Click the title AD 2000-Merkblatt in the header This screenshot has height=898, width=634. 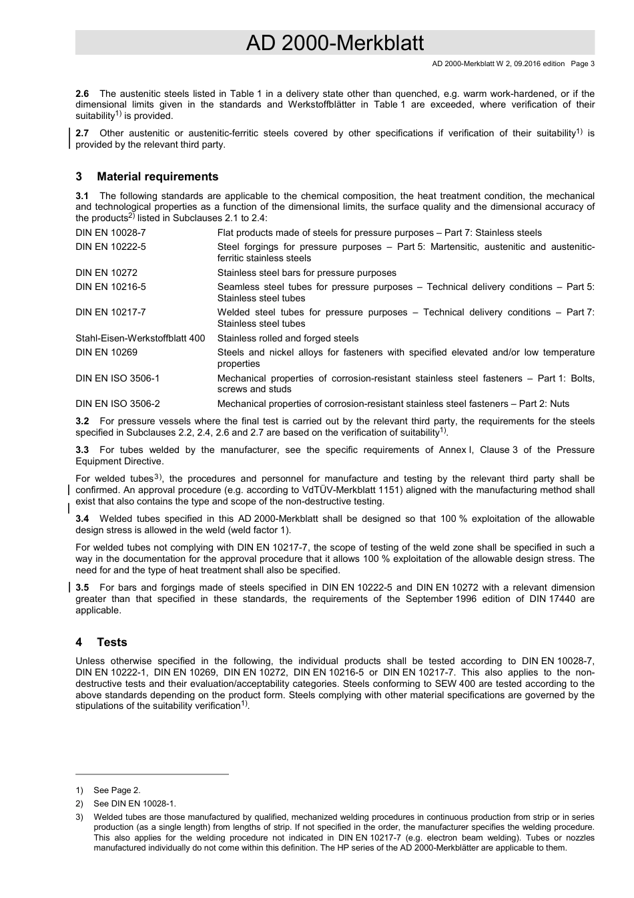coord(334,43)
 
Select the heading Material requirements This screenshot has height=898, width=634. coord(157,177)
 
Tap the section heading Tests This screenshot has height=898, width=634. coord(111,642)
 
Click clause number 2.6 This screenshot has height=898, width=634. coord(82,94)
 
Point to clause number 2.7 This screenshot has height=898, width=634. coord(82,133)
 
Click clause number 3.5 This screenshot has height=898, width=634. coord(82,587)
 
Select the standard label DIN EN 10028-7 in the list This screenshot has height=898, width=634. coord(110,233)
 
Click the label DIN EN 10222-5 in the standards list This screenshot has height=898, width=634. coord(110,247)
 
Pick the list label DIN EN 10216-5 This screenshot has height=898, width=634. coord(110,287)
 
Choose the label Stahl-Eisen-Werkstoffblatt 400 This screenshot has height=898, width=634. coord(140,338)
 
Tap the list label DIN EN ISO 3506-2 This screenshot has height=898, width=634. coord(117,404)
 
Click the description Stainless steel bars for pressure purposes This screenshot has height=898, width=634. coord(306,273)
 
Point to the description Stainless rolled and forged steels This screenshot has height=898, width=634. coord(288,338)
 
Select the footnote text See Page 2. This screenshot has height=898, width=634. coord(117,790)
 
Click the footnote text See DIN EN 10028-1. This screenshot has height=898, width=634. coord(134,803)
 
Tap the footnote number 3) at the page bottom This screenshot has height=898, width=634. coord(79,816)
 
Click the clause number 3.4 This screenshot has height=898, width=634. coord(82,518)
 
